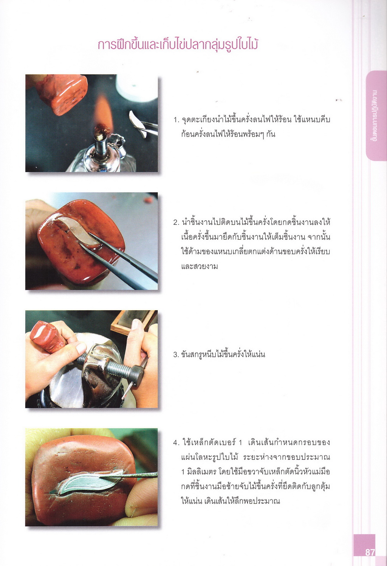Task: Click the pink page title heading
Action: tap(178, 45)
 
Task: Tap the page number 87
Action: tap(370, 553)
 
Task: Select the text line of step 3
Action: tap(219, 355)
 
